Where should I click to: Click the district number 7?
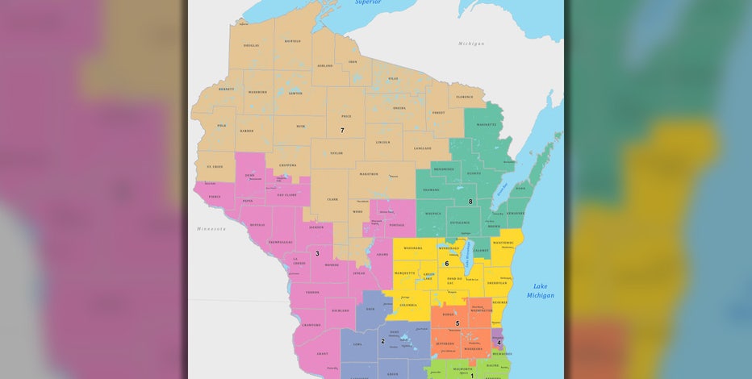pos(342,130)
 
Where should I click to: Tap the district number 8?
pos(470,202)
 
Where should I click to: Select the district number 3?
pos(317,253)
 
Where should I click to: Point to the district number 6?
pos(446,264)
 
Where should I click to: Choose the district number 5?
pos(457,323)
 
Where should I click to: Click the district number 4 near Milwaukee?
pos(499,343)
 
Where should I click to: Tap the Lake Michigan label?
pos(540,291)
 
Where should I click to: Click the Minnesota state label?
pos(211,229)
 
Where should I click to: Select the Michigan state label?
pos(471,43)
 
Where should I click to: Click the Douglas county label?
pos(252,45)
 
